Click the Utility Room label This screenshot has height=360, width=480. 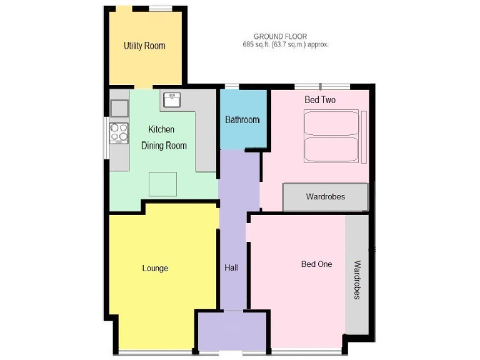pyautogui.click(x=144, y=46)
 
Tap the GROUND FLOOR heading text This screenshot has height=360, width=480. pyautogui.click(x=280, y=37)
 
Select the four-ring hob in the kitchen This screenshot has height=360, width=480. pyautogui.click(x=119, y=132)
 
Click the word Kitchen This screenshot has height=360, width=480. pyautogui.click(x=161, y=129)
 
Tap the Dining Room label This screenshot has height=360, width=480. pyautogui.click(x=164, y=146)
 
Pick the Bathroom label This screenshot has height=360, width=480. pyautogui.click(x=242, y=120)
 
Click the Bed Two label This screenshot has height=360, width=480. pyautogui.click(x=321, y=100)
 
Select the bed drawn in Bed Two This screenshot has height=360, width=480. pyautogui.click(x=331, y=136)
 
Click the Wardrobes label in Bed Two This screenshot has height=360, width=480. pyautogui.click(x=326, y=197)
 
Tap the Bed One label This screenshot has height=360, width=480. pyautogui.click(x=317, y=264)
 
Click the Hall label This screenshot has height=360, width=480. pyautogui.click(x=231, y=268)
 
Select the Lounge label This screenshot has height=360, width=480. pyautogui.click(x=155, y=269)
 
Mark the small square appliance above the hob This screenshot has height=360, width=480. pyautogui.click(x=119, y=108)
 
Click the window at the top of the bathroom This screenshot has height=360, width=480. pyautogui.click(x=232, y=86)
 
